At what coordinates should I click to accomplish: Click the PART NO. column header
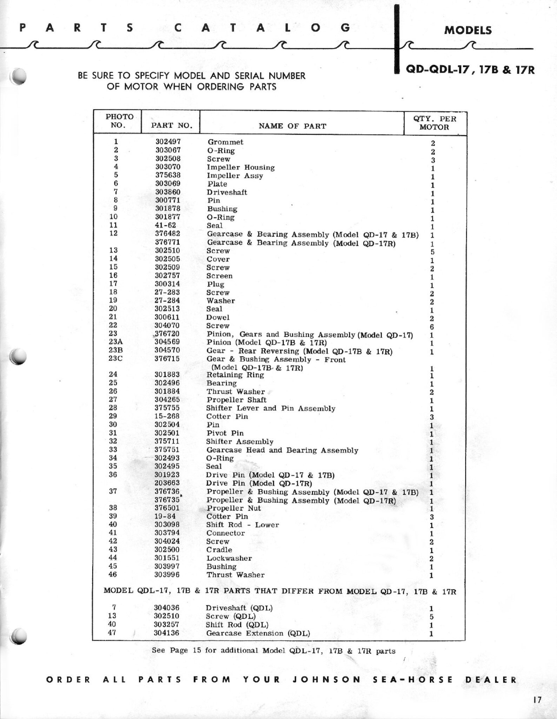coord(172,126)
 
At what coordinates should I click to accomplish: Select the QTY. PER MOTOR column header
coord(435,123)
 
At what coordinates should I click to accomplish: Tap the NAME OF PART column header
coord(292,126)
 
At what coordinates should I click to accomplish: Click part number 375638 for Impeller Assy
coord(168,175)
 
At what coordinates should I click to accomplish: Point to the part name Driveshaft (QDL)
coord(239,608)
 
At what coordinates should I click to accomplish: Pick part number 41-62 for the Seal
coord(166,225)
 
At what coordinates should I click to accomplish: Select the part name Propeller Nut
coord(233,508)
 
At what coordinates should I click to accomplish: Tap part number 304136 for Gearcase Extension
coord(167,633)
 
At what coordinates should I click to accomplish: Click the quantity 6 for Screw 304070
coord(432,327)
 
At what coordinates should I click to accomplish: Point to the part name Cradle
coord(219,550)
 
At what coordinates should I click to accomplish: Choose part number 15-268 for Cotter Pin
coord(167,416)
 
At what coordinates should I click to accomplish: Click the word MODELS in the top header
coord(468,31)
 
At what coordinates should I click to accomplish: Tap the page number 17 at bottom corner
coord(537,700)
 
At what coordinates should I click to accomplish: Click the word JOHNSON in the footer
coord(326,679)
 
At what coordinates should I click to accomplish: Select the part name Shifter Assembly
coord(240,441)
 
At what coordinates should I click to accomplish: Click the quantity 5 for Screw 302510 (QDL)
coord(432,617)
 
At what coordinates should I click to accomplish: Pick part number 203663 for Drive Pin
coord(167,483)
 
